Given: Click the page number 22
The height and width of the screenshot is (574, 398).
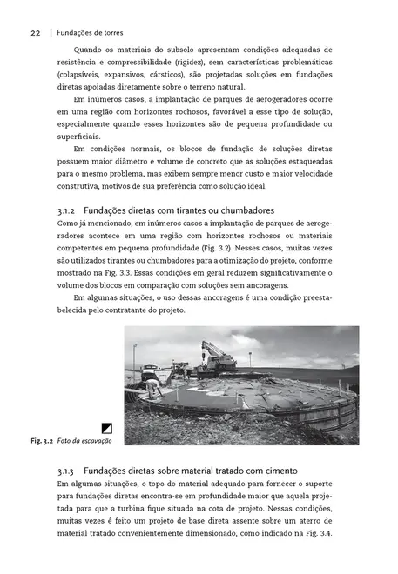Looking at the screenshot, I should point(36,33).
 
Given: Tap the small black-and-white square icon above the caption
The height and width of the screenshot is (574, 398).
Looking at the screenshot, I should point(107,427).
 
